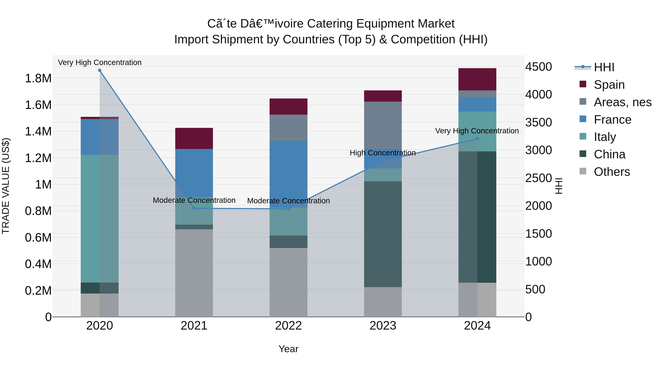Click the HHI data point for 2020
point(100,70)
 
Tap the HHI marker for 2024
point(477,139)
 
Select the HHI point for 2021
point(194,208)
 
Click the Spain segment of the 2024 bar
point(477,79)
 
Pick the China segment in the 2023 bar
point(383,234)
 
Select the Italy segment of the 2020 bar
point(100,218)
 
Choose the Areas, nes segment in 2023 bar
point(383,125)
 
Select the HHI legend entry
point(604,67)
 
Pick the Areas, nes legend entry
point(622,102)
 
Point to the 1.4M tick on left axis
point(38,132)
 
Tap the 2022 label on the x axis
point(288,326)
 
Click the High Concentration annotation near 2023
point(382,153)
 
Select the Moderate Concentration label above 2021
point(194,200)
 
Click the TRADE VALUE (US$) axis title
point(6,186)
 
